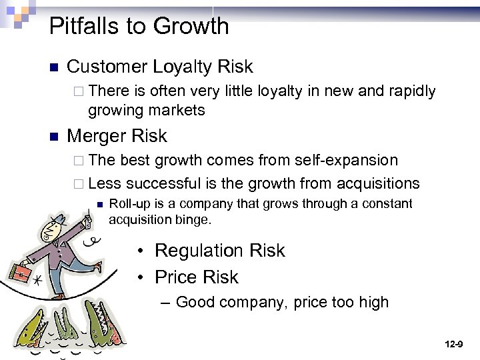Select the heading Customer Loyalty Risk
[x=160, y=67]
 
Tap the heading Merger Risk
[x=117, y=136]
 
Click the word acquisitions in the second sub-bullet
[x=379, y=183]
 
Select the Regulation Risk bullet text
[x=219, y=251]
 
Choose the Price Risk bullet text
[x=196, y=277]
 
